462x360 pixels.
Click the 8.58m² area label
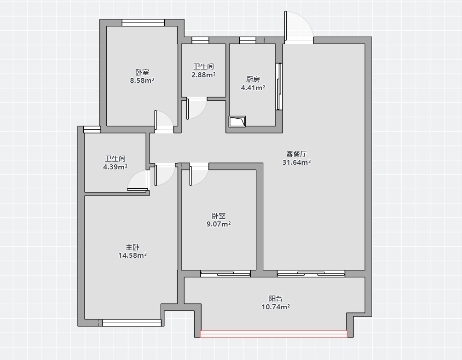(142, 80)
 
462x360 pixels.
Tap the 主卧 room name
(133, 247)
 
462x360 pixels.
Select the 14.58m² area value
(133, 255)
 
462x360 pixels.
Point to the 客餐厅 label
(296, 154)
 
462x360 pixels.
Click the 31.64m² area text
(296, 162)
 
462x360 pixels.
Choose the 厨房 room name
(253, 79)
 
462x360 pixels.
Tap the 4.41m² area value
(253, 87)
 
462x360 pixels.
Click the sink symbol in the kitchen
(237, 122)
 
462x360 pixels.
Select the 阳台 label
(276, 298)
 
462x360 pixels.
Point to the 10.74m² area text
(276, 307)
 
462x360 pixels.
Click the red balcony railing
(274, 334)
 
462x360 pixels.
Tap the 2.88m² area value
(203, 75)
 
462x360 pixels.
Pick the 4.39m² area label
(115, 167)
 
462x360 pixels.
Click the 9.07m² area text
(219, 224)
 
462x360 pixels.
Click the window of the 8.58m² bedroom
(143, 23)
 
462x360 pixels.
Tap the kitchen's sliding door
(279, 87)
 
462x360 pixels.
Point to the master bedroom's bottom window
(132, 323)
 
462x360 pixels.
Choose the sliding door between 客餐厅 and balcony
(311, 273)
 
